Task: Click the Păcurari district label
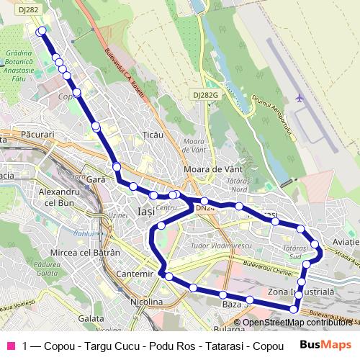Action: (x=38, y=135)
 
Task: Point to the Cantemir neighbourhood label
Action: (x=135, y=274)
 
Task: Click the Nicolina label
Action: (x=146, y=302)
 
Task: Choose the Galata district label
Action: (x=91, y=318)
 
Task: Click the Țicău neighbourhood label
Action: (x=153, y=135)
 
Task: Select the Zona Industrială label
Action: (x=301, y=292)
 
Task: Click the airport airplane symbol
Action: (x=300, y=98)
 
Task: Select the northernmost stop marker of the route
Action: (x=42, y=31)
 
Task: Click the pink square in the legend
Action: (x=11, y=345)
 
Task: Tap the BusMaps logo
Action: (x=325, y=345)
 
